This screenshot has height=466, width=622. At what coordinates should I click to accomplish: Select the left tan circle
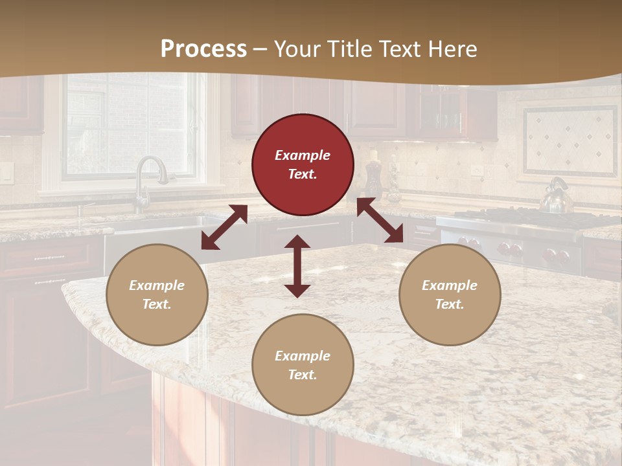click(x=157, y=294)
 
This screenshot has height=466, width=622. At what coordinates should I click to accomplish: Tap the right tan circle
click(x=450, y=294)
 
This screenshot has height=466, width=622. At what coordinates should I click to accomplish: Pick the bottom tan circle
click(x=303, y=365)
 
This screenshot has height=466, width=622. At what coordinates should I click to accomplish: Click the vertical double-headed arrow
click(x=297, y=266)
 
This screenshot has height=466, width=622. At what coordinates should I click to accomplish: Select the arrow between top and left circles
click(x=224, y=227)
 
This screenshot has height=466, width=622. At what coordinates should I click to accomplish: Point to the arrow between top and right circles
click(x=380, y=221)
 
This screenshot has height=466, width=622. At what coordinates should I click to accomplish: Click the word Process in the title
click(x=203, y=49)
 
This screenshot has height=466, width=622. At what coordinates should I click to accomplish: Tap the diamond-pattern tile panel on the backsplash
click(x=570, y=141)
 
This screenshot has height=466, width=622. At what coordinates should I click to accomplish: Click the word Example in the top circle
click(x=303, y=155)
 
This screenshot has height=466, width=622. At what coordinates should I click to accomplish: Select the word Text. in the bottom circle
click(x=303, y=375)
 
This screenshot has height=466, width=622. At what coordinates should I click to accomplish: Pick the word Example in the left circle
click(x=157, y=285)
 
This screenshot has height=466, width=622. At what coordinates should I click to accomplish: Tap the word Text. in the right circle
click(x=450, y=304)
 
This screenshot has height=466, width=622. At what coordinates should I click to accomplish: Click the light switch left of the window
click(x=6, y=173)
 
